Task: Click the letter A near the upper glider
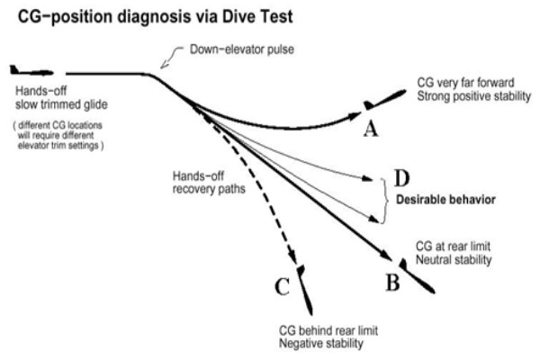click(368, 130)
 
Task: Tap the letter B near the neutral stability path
click(393, 283)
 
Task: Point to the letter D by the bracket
click(402, 177)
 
